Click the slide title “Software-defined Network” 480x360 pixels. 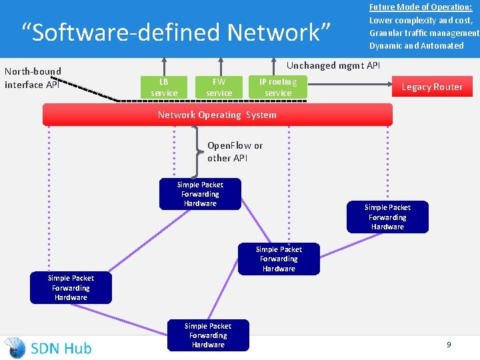(176, 32)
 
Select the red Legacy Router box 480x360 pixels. (431, 87)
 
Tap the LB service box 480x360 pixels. (164, 87)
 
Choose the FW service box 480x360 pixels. (219, 87)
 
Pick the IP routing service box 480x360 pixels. (278, 87)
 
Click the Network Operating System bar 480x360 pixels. (217, 115)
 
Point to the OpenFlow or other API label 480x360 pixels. (235, 151)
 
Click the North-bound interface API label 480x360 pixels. (33, 78)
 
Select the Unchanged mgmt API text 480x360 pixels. (333, 65)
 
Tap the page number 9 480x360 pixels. (449, 345)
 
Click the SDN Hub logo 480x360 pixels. (48, 347)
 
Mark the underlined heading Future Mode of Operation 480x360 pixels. (421, 7)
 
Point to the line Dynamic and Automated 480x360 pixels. (416, 45)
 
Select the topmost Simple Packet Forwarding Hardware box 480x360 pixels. (200, 194)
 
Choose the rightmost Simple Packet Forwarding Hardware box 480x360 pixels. (387, 217)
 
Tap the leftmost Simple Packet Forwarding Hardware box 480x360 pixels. (71, 288)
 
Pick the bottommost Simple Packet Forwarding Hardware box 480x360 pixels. (208, 335)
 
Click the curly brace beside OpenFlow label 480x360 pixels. (197, 151)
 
